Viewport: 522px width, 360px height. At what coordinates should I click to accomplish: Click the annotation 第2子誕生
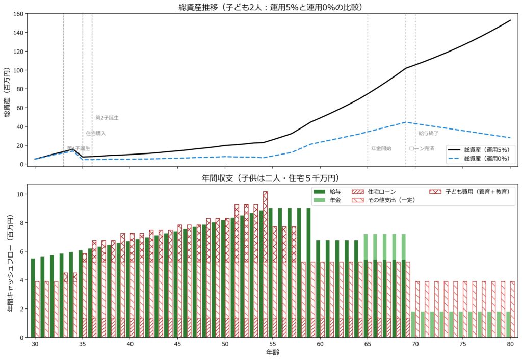[107, 118]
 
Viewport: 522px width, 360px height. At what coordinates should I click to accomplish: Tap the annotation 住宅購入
[96, 133]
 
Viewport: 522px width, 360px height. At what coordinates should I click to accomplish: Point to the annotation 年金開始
[381, 148]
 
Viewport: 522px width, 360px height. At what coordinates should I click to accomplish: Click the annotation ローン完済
[422, 148]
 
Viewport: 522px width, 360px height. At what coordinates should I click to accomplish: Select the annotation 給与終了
[429, 133]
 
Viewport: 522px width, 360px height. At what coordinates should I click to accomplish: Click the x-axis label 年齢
[273, 352]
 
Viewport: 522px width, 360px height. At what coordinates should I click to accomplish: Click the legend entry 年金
[335, 200]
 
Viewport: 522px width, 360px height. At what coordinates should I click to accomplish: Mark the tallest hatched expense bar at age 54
[265, 229]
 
